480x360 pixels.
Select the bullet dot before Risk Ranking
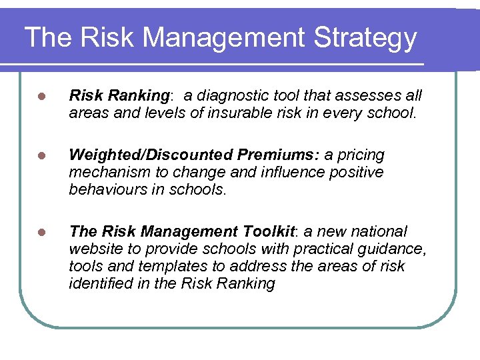pyautogui.click(x=41, y=97)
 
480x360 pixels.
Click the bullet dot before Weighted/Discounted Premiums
pyautogui.click(x=41, y=156)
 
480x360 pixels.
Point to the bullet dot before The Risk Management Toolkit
pyautogui.click(x=41, y=232)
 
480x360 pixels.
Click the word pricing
pyautogui.click(x=361, y=155)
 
